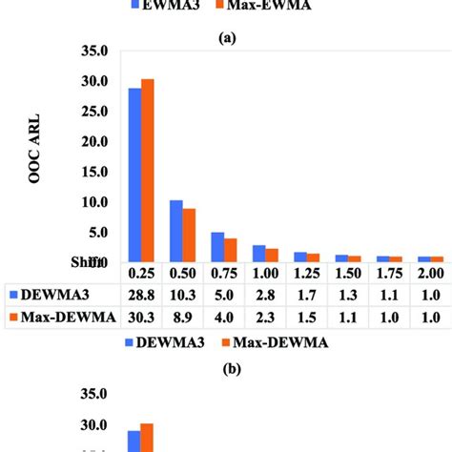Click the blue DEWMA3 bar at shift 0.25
134,175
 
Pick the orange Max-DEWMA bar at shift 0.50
189,235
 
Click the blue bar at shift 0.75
217,247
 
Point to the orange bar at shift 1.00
272,255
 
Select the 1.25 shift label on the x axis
307,273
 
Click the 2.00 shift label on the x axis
431,273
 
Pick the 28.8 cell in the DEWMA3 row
141,295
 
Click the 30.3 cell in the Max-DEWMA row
141,317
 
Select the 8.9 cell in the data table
182,317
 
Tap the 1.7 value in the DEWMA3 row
307,295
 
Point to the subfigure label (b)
226,363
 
